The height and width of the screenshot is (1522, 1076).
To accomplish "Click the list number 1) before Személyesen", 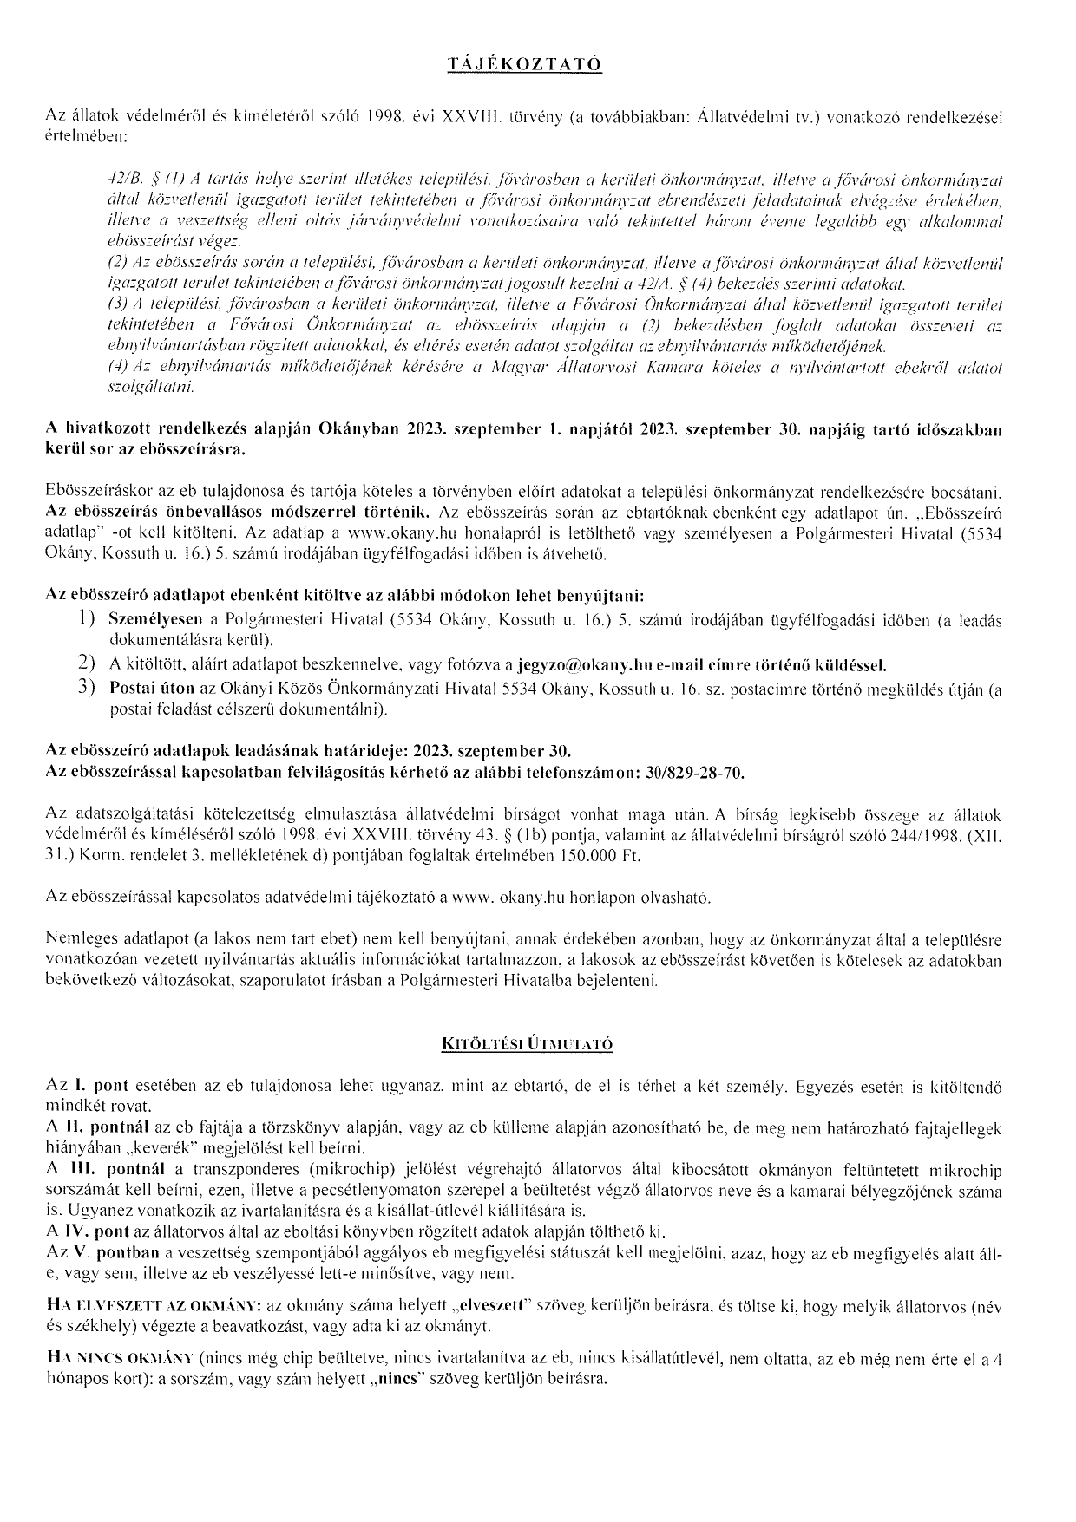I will coord(85,619).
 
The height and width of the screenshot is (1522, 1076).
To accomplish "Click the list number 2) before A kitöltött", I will coord(85,664).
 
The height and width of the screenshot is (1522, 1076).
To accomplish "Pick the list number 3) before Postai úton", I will coord(85,689).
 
